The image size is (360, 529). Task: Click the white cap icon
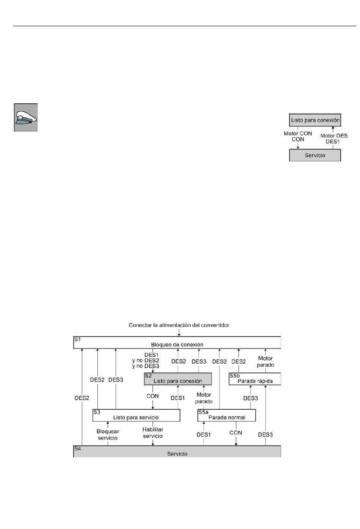(x=26, y=117)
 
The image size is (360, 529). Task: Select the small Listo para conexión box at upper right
(x=315, y=120)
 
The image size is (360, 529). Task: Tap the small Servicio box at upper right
(x=315, y=155)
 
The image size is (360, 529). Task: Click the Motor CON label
(x=298, y=133)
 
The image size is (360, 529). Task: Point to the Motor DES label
(x=334, y=136)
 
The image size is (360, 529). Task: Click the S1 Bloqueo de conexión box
(x=177, y=342)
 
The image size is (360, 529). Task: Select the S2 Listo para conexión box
(x=178, y=379)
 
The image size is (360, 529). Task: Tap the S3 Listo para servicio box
(x=136, y=415)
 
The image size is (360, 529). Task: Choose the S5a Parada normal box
(x=227, y=415)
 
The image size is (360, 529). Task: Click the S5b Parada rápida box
(x=255, y=379)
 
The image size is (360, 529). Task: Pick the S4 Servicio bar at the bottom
(x=177, y=451)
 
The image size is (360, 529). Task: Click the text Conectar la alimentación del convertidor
(x=179, y=325)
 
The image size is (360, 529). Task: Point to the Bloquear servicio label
(x=108, y=435)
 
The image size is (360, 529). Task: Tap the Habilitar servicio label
(x=153, y=433)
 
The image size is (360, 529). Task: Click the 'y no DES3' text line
(x=146, y=366)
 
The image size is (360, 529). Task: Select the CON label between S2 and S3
(x=152, y=396)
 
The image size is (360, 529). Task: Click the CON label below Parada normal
(x=236, y=432)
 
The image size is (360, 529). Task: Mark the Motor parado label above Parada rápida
(x=265, y=362)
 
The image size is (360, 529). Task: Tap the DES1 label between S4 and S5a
(x=203, y=435)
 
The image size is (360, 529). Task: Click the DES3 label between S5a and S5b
(x=250, y=398)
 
